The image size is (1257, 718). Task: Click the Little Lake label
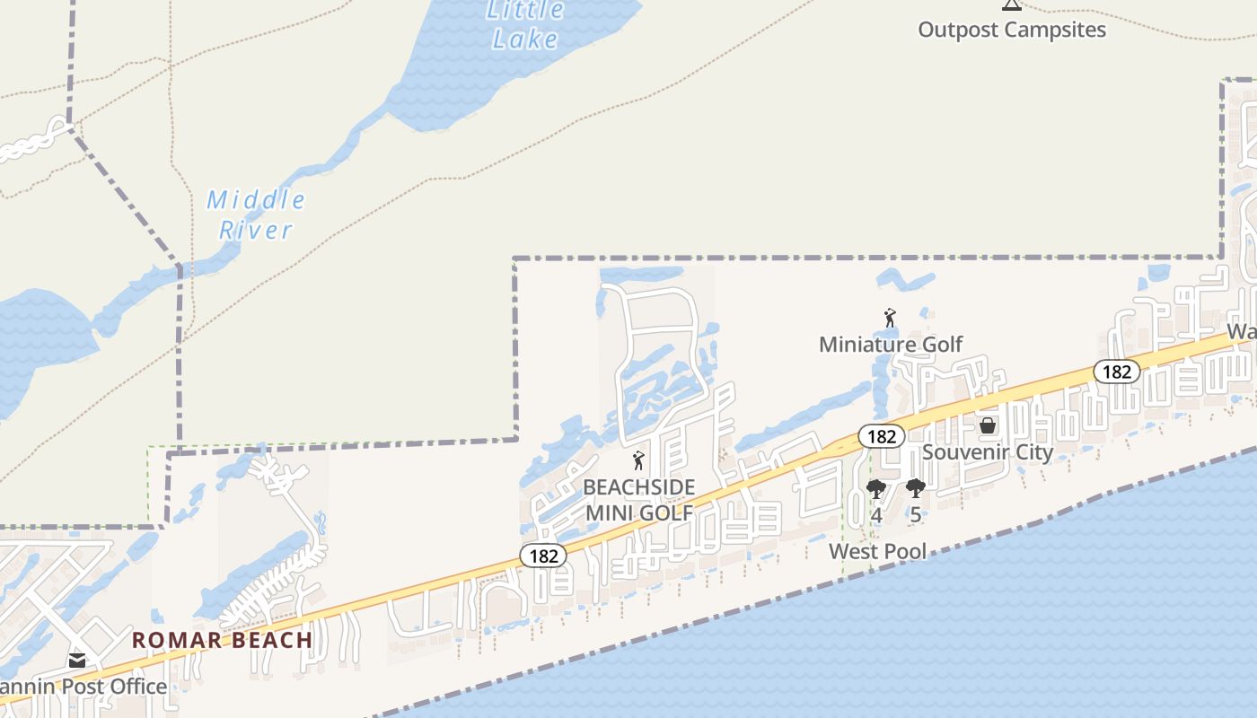pos(526,25)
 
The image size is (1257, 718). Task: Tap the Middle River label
pos(256,215)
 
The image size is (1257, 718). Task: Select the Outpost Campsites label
pos(1011,30)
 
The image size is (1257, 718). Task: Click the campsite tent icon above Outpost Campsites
pos(1012,4)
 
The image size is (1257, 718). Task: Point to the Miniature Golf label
pos(890,344)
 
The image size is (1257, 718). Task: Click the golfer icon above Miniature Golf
pos(890,318)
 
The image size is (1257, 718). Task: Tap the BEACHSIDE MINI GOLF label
pos(638,499)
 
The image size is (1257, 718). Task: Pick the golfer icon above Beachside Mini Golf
pos(638,461)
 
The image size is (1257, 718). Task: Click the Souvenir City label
pos(987,451)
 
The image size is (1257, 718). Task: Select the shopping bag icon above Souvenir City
pos(987,425)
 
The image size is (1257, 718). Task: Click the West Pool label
pos(877,551)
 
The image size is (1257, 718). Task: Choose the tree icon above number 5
pos(915,489)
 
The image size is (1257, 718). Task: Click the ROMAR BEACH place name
pos(222,640)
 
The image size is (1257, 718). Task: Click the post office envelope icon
pos(77,661)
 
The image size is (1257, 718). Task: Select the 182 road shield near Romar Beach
pos(543,556)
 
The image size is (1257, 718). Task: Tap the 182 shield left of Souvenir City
pos(882,436)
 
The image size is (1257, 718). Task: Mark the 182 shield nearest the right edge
pos(1116,371)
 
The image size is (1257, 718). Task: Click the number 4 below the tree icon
pos(876,515)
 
